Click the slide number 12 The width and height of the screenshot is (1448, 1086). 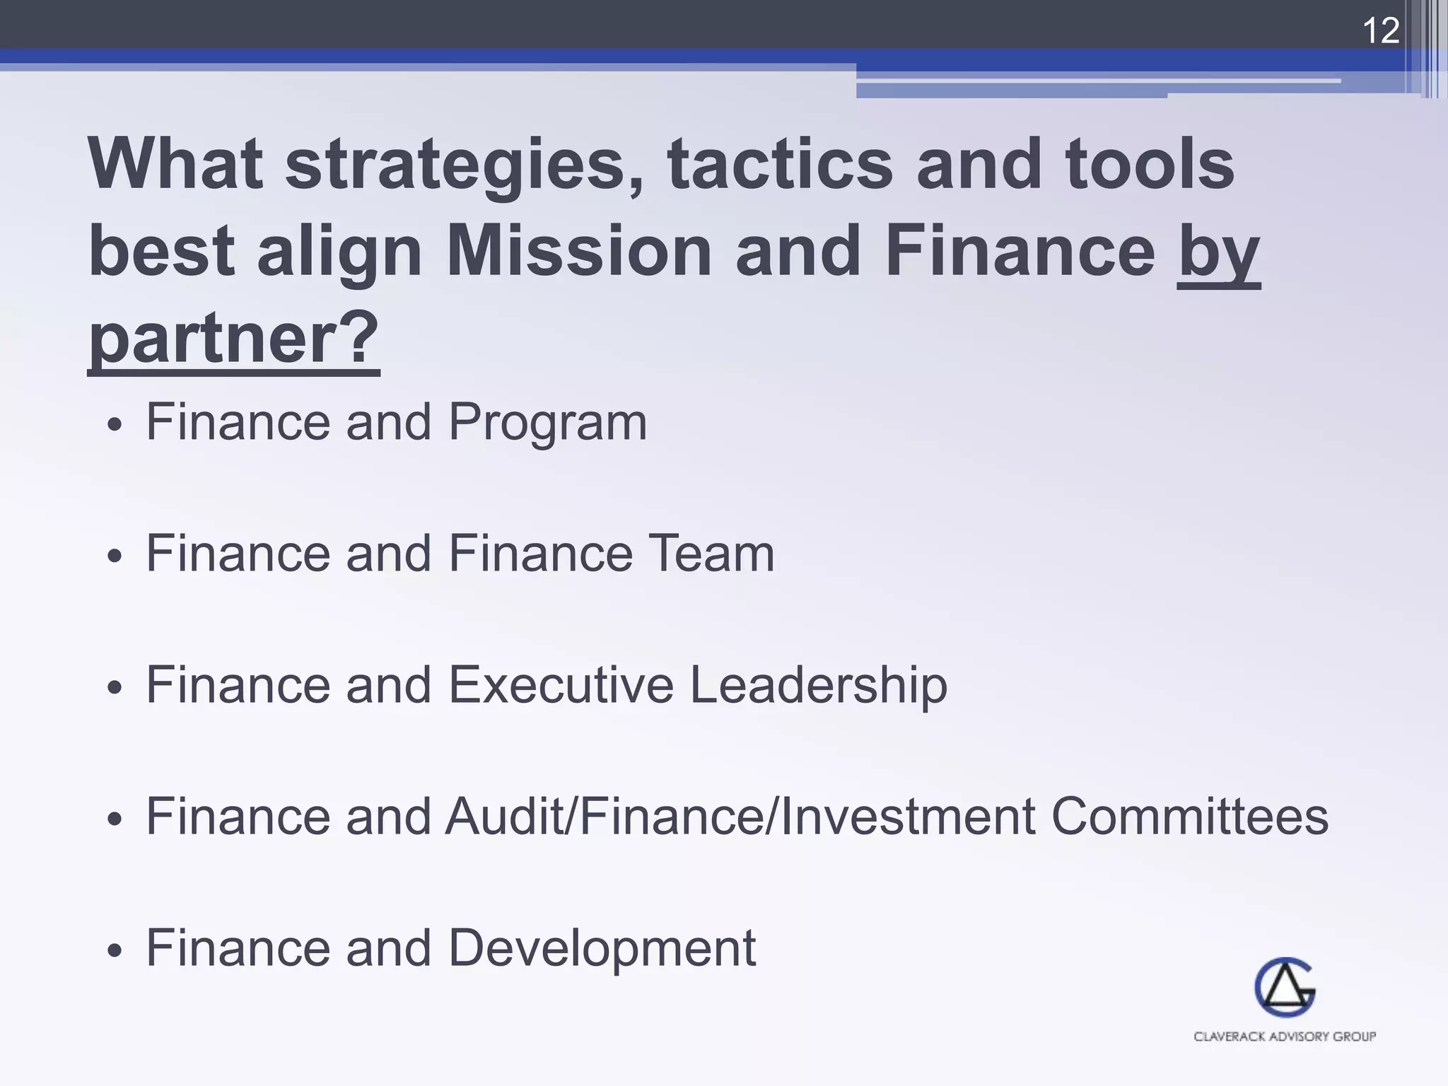pos(1380,31)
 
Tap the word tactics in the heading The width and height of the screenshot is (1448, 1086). pos(780,164)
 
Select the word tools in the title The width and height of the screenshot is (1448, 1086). pos(1150,164)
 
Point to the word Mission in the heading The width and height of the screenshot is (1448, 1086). pos(578,251)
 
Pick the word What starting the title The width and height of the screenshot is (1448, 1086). pos(175,164)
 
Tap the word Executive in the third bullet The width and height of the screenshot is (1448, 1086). pos(561,684)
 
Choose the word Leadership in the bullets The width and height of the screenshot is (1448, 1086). pos(818,686)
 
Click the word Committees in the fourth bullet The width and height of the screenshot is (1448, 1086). pos(1189,816)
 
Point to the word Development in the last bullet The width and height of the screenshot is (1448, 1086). pos(602,949)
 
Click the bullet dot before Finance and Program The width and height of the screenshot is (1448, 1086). pos(115,426)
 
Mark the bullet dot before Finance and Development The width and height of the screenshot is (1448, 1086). pos(115,952)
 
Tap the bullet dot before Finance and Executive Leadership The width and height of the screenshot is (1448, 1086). pos(115,688)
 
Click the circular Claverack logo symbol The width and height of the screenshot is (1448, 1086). pos(1285,987)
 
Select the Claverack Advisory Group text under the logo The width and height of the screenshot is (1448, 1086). pos(1285,1037)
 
